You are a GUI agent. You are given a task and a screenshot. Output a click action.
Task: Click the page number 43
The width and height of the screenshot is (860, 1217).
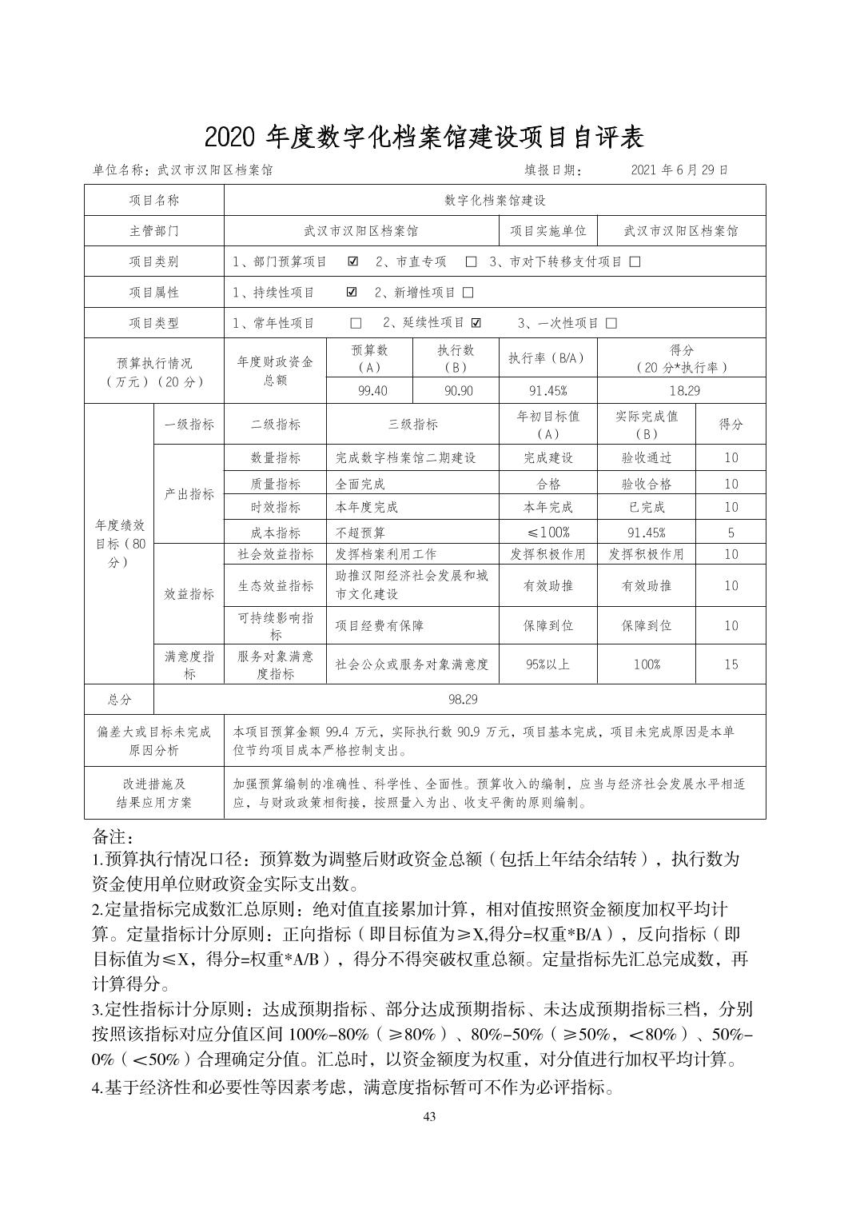[429, 1117]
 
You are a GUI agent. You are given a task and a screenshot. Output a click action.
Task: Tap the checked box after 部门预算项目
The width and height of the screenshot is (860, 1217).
[353, 261]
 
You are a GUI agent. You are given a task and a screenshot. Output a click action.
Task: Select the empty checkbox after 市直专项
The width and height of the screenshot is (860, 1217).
[472, 261]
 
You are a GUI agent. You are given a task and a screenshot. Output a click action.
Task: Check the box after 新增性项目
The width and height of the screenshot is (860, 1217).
[468, 293]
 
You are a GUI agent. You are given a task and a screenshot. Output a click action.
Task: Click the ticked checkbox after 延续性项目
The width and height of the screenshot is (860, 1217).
[476, 323]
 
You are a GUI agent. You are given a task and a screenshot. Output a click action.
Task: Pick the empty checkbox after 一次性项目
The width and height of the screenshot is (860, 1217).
[611, 323]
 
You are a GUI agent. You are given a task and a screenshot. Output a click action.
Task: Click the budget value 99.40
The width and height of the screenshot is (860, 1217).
[369, 391]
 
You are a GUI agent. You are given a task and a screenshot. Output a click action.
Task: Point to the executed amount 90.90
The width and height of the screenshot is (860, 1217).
[455, 391]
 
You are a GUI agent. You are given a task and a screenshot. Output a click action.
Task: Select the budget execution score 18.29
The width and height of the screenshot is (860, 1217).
[681, 391]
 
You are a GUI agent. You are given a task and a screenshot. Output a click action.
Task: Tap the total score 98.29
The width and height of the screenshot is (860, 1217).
[462, 699]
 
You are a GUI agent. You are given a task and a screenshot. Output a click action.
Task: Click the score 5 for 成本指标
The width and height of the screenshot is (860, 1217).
[731, 532]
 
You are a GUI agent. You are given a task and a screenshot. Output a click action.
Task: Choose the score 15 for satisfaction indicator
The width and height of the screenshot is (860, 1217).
[731, 664]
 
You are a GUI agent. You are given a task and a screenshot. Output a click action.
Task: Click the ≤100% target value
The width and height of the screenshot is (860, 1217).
[547, 532]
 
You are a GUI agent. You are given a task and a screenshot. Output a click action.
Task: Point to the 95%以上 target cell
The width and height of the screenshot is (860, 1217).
[547, 664]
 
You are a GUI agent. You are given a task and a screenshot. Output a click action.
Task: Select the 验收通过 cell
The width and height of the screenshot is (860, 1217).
[646, 458]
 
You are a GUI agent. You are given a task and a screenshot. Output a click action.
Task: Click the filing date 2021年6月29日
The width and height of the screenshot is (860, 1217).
[679, 170]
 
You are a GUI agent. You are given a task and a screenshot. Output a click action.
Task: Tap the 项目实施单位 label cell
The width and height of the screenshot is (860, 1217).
[547, 231]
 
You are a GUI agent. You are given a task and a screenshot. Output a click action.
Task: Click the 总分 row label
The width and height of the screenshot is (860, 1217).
[119, 699]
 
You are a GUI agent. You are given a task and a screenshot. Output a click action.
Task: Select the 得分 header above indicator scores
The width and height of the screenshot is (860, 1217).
[731, 424]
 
